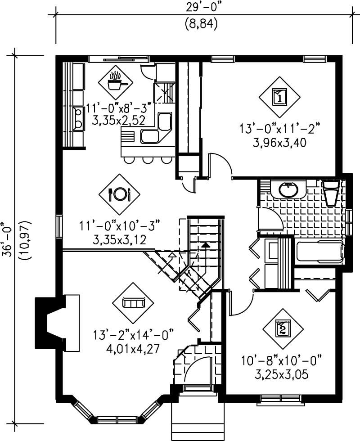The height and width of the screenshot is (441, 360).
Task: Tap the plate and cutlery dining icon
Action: (119, 194)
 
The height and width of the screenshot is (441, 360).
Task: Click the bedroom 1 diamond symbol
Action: (279, 96)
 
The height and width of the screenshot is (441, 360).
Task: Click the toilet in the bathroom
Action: (332, 193)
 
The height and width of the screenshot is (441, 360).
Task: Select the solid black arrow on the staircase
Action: (205, 246)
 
